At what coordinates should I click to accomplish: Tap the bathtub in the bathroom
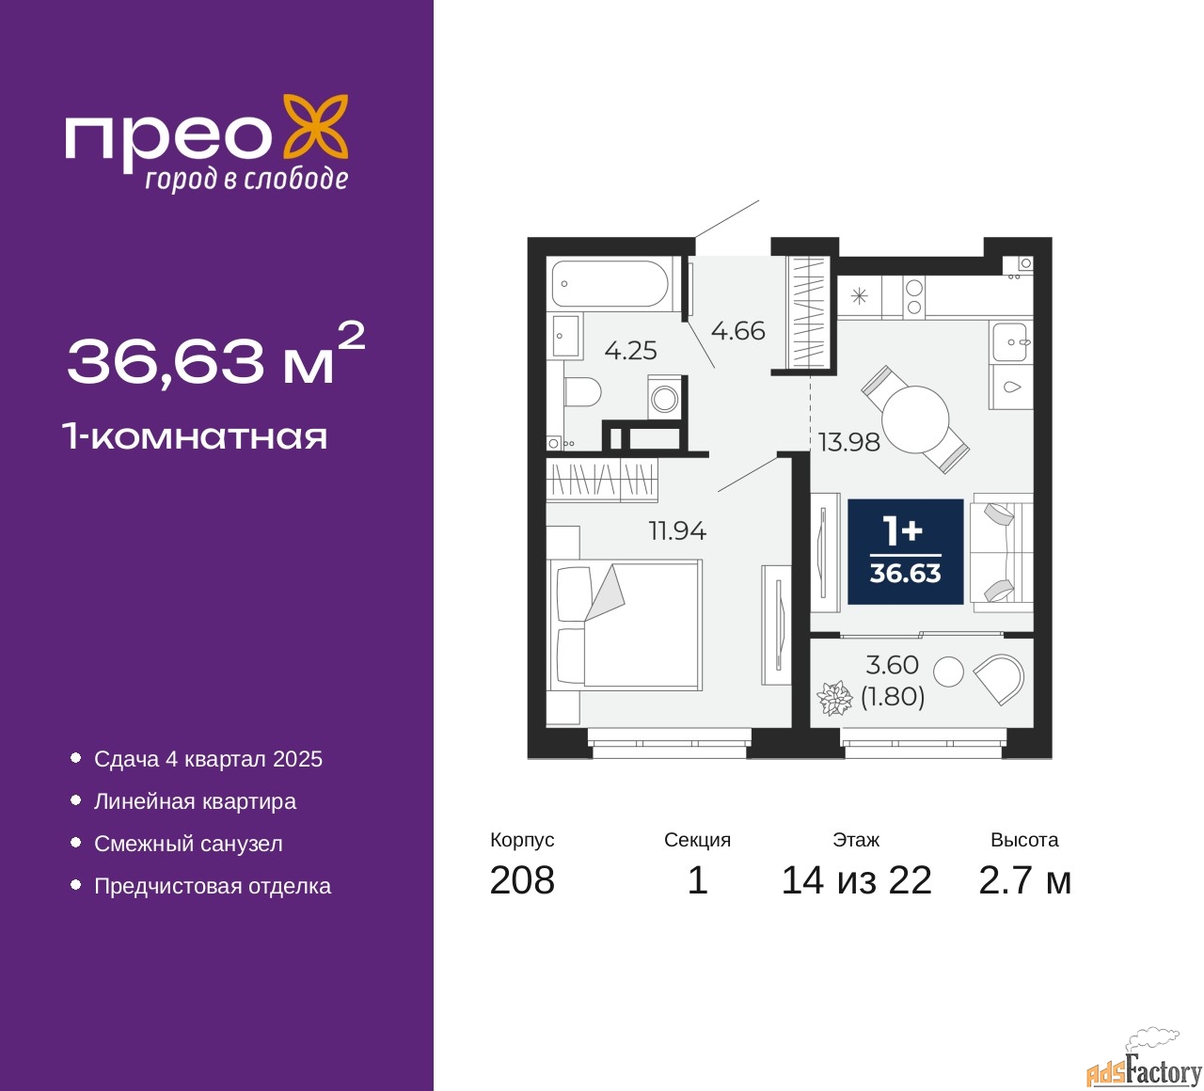[x=609, y=283]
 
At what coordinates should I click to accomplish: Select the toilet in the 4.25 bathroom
[x=582, y=392]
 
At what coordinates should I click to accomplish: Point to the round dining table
[x=914, y=419]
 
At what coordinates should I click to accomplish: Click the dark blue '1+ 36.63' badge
[x=905, y=551]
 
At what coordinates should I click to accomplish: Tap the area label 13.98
[x=848, y=442]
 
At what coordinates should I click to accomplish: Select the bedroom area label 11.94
[x=677, y=530]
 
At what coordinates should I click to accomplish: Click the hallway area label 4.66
[x=737, y=331]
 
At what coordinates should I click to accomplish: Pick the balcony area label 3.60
[x=892, y=664]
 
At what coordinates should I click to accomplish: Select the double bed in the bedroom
[x=629, y=625]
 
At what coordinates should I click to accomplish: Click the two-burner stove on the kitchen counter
[x=913, y=297]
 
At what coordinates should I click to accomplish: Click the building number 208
[x=522, y=880]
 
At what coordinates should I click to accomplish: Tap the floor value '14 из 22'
[x=856, y=880]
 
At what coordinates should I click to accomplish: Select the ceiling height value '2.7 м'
[x=1024, y=880]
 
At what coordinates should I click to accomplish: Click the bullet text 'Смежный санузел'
[x=188, y=844]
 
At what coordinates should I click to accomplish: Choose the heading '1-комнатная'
[x=196, y=436]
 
